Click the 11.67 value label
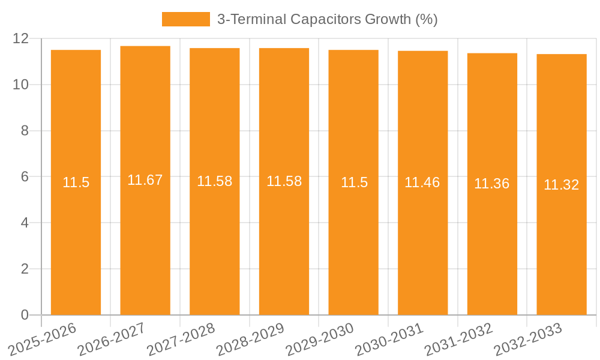(145, 180)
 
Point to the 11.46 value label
(422, 182)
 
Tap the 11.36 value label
(492, 184)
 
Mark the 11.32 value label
(562, 185)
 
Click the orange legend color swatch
(186, 19)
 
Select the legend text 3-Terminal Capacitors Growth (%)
(327, 19)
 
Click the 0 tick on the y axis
(25, 315)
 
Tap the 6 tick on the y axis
(25, 177)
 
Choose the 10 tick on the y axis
(21, 85)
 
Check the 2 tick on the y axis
(25, 269)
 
